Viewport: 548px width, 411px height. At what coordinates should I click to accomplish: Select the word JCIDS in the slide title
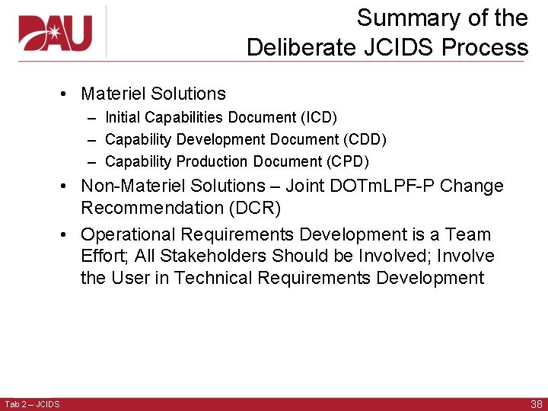pos(402,48)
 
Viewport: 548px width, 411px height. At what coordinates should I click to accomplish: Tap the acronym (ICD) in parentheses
pos(319,117)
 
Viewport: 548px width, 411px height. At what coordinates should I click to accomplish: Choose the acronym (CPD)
pos(349,161)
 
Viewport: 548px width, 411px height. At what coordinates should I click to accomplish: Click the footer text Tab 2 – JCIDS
pos(32,403)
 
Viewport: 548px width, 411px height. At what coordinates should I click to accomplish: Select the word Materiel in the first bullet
pos(113,94)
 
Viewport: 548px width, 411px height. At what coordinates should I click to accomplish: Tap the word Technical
pos(215,278)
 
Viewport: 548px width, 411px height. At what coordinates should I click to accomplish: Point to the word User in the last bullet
pos(130,278)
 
